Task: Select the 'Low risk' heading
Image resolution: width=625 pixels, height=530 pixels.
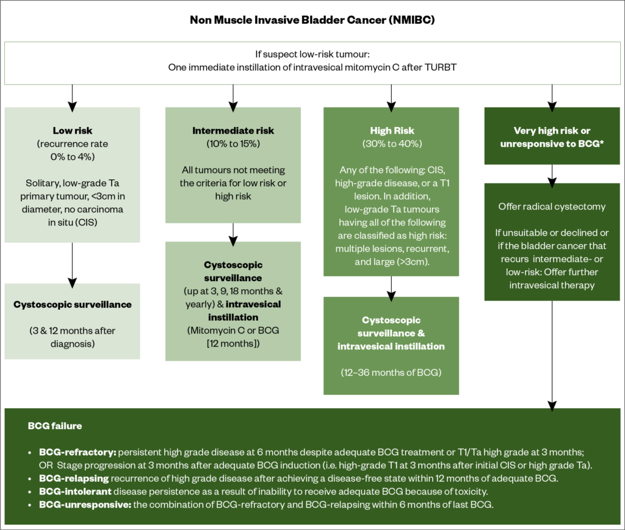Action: point(72,131)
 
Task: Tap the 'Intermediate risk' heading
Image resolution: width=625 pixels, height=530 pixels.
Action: point(233,131)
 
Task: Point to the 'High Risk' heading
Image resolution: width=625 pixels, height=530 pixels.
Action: point(391,131)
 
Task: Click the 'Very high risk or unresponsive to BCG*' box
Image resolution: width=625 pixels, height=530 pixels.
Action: point(552,136)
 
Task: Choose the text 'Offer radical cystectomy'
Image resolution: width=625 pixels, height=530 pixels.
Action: point(552,206)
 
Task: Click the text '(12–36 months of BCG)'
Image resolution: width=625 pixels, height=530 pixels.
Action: point(391,371)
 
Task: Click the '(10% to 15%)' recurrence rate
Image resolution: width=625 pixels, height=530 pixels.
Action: point(233,143)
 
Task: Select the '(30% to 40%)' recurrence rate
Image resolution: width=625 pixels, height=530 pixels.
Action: point(391,143)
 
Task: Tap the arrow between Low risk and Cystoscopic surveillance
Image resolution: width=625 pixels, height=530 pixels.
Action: point(72,262)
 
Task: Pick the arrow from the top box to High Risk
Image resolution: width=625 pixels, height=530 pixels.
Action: point(391,95)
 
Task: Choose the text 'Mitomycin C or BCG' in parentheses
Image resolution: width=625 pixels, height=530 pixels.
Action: point(233,330)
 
